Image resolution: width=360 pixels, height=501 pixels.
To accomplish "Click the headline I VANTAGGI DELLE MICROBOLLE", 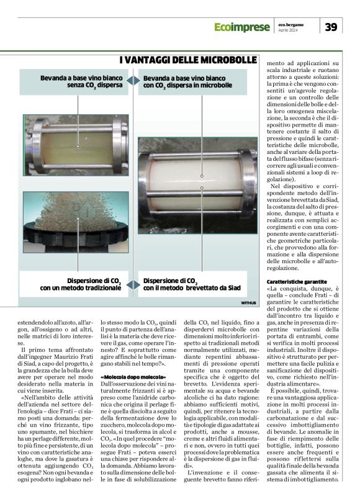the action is pyautogui.click(x=188, y=60).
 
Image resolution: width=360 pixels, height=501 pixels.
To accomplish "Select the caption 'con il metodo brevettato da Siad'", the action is pyautogui.click(x=192, y=288).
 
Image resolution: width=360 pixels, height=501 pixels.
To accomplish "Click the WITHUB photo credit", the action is pyautogui.click(x=248, y=302).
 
